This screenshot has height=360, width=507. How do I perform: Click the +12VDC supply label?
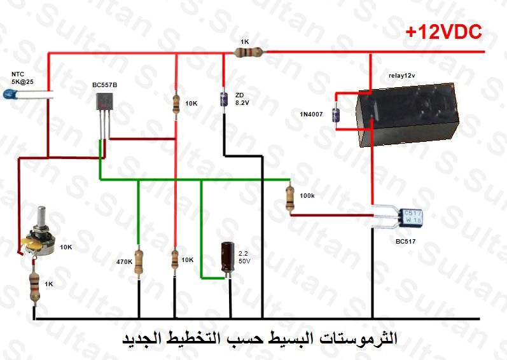coord(443,32)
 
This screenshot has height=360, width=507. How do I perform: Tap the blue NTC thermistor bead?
coord(9,94)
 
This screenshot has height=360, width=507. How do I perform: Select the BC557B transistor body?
coord(104,101)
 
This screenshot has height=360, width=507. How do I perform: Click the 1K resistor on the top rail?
coord(249,52)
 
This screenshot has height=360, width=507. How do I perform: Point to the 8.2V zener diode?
coord(223,99)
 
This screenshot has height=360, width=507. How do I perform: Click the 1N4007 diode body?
coord(336,115)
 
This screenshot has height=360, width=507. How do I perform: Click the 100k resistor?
coord(290,197)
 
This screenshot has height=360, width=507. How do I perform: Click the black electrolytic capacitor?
coord(228,258)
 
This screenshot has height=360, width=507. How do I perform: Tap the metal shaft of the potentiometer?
coord(41,217)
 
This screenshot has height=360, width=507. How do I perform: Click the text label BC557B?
coord(105,85)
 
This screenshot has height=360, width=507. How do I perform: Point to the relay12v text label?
coord(402,76)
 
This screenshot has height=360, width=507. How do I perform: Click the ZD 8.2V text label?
coord(242,99)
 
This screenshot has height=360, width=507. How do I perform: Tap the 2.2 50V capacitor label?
coord(244,258)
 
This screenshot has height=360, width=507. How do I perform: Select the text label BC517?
coord(405,242)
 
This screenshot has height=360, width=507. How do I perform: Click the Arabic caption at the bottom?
coord(260,339)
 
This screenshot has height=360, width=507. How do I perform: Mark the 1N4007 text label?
coord(311,114)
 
